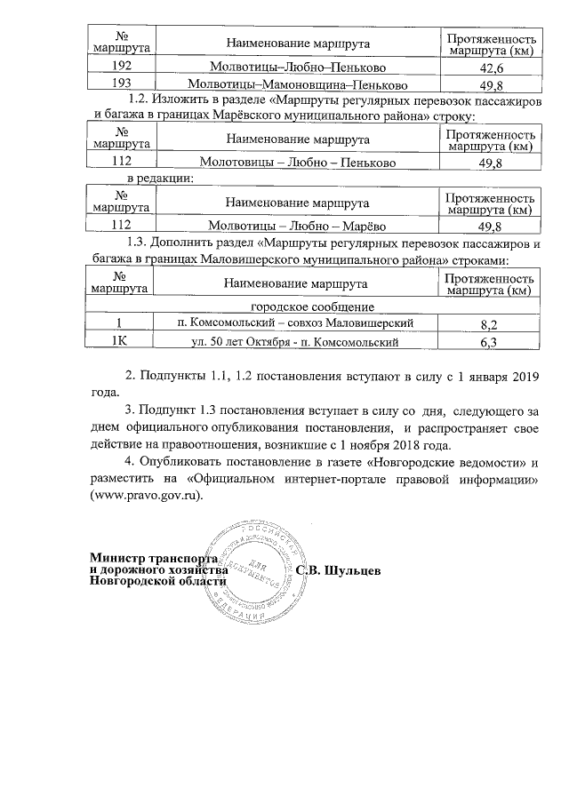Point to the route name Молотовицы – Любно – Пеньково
click(x=297, y=163)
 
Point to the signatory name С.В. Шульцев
click(x=339, y=569)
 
